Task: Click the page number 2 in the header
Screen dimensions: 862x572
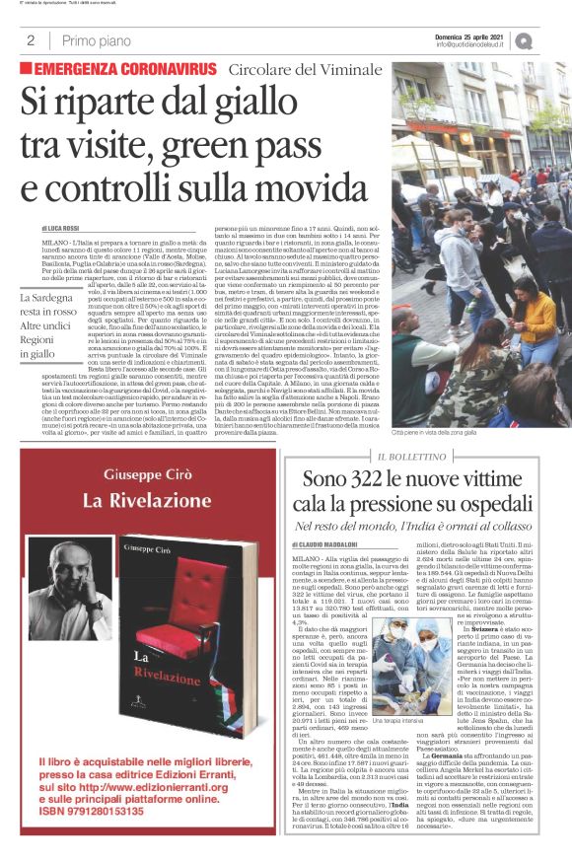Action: tap(32, 40)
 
